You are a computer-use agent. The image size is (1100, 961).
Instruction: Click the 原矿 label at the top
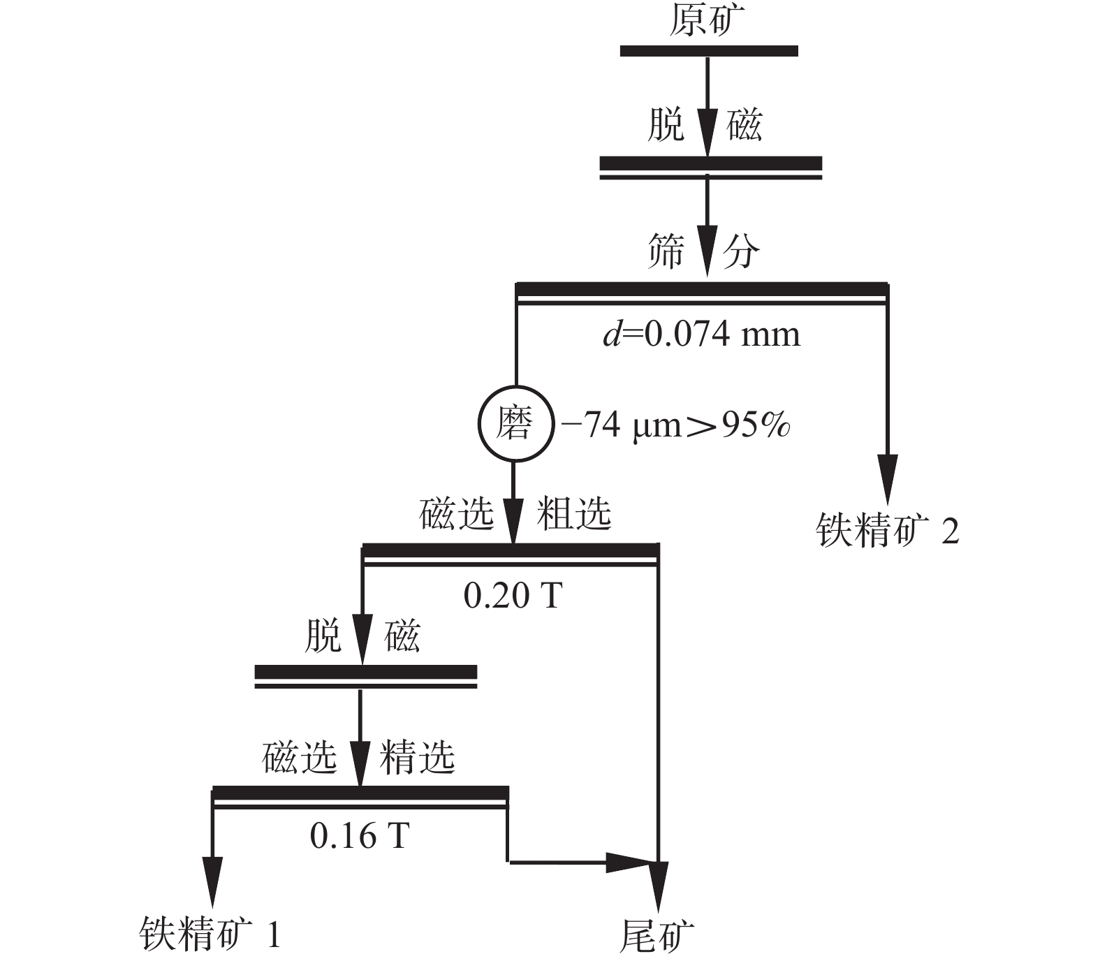707,22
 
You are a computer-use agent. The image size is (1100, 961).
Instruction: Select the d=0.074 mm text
701,335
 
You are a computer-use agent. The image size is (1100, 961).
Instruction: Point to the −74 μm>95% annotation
675,424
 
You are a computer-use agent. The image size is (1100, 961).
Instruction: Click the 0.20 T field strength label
513,596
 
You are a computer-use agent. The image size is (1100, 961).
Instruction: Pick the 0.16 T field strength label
359,835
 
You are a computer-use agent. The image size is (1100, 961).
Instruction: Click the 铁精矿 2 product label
887,531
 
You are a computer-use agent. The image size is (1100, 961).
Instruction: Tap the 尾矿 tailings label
657,936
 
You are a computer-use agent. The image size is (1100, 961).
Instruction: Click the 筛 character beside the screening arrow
666,251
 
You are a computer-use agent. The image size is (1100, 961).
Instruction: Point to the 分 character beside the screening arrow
741,251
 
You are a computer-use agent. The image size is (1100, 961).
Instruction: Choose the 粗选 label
574,515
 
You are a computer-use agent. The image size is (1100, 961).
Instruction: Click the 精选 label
417,757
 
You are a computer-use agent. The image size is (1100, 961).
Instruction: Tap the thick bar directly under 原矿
709,50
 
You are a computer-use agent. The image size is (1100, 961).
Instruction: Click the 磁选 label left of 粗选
457,515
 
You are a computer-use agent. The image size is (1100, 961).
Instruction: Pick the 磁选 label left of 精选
300,757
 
